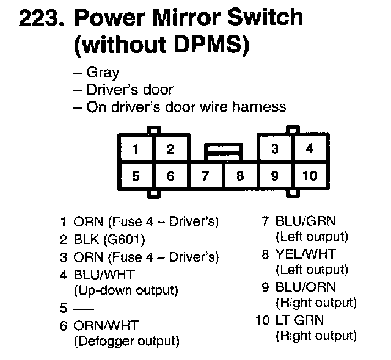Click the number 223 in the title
41,18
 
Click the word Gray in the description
103,73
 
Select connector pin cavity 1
136,149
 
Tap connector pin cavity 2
170,149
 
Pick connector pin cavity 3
275,149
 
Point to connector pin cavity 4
310,149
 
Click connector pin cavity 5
136,176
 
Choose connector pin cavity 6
170,176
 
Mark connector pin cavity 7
205,176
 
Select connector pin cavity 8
240,176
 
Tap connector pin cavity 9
275,176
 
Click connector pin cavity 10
310,176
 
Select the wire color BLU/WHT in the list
104,275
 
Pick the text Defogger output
126,341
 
